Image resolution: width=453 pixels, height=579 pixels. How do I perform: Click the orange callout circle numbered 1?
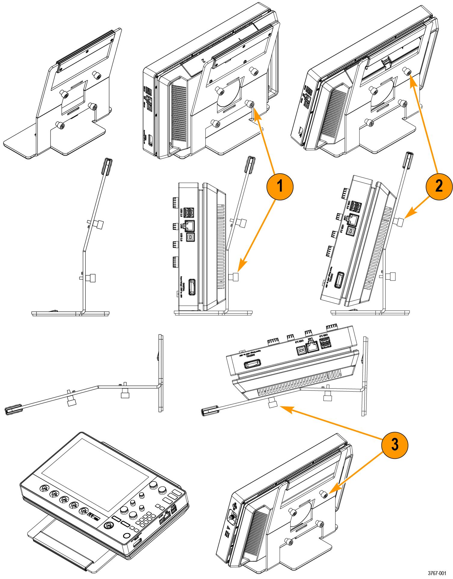pyautogui.click(x=279, y=186)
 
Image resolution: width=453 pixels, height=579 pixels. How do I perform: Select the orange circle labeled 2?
pyautogui.click(x=439, y=186)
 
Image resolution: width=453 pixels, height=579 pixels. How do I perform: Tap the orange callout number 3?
pyautogui.click(x=394, y=445)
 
